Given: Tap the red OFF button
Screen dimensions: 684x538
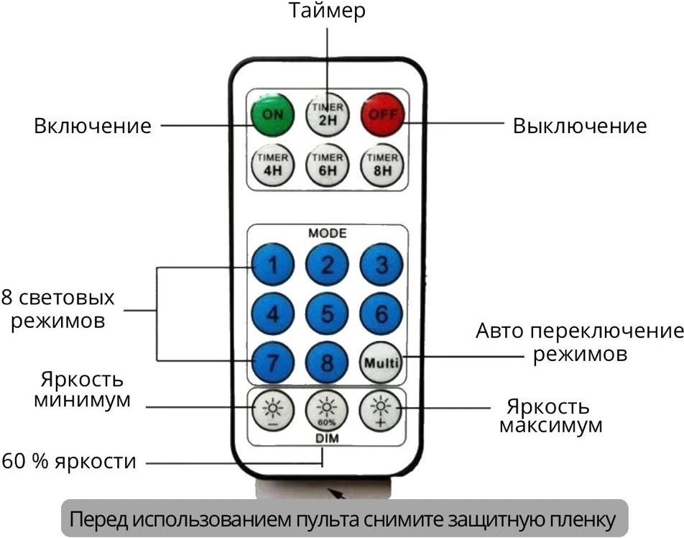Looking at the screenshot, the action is coord(382,115).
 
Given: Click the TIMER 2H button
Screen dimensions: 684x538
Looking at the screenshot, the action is coord(327,115).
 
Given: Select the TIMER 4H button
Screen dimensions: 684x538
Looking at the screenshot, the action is coord(272,165).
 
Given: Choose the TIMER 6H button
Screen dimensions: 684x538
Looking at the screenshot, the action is coord(327,165).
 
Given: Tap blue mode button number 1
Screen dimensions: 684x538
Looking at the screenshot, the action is coord(272,265).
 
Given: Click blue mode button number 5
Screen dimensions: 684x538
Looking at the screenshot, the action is coord(327,314).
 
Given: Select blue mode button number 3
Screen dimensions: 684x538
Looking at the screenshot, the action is coord(382,265).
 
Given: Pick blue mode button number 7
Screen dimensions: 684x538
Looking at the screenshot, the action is coord(272,363).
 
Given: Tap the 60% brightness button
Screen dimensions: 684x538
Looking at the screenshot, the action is coord(327,411).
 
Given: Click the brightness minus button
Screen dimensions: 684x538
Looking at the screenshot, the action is coord(273,411).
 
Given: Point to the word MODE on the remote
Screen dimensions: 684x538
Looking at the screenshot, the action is coord(328,233).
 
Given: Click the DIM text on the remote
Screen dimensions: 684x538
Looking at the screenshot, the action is coord(327,438).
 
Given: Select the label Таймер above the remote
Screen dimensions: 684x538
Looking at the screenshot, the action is coord(327,11).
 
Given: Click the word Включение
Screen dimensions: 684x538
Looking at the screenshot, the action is coord(93,126).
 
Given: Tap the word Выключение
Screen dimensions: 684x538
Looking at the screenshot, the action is coord(579,126).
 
